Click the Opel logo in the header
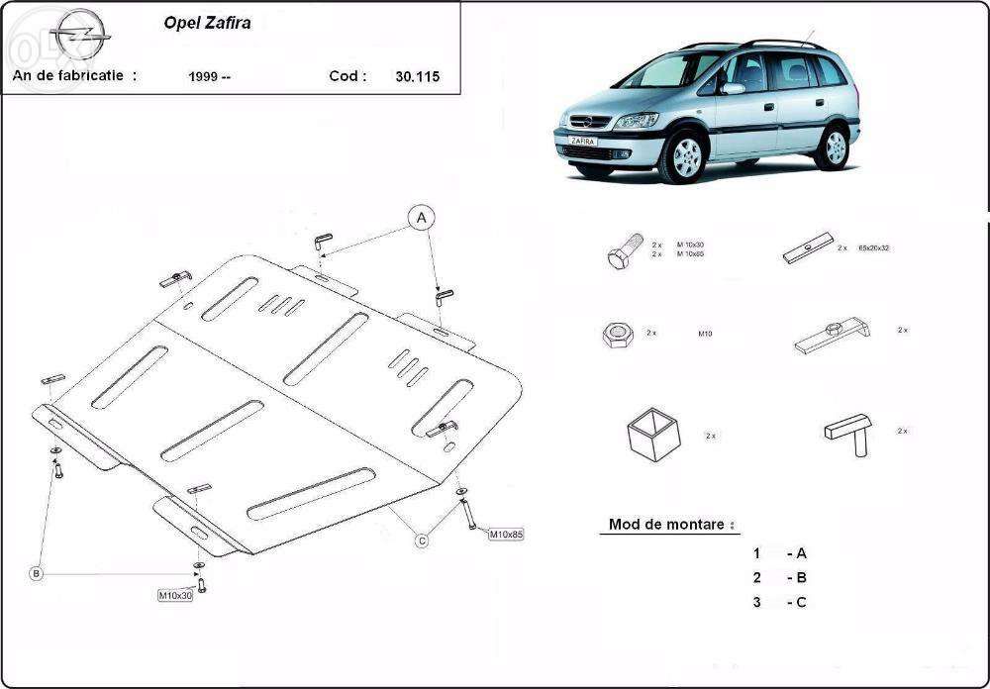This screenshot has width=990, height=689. [x=79, y=38]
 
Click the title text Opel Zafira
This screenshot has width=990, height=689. [x=207, y=23]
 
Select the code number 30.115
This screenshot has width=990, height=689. [x=417, y=75]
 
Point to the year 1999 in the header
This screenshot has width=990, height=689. [x=209, y=76]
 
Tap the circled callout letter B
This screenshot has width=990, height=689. [x=36, y=573]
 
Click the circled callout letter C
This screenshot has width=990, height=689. [x=422, y=540]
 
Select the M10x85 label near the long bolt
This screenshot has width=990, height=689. [x=506, y=535]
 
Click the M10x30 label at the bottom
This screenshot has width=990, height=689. [x=175, y=596]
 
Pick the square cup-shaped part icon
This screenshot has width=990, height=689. [x=653, y=435]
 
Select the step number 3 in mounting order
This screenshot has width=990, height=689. [x=756, y=602]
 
